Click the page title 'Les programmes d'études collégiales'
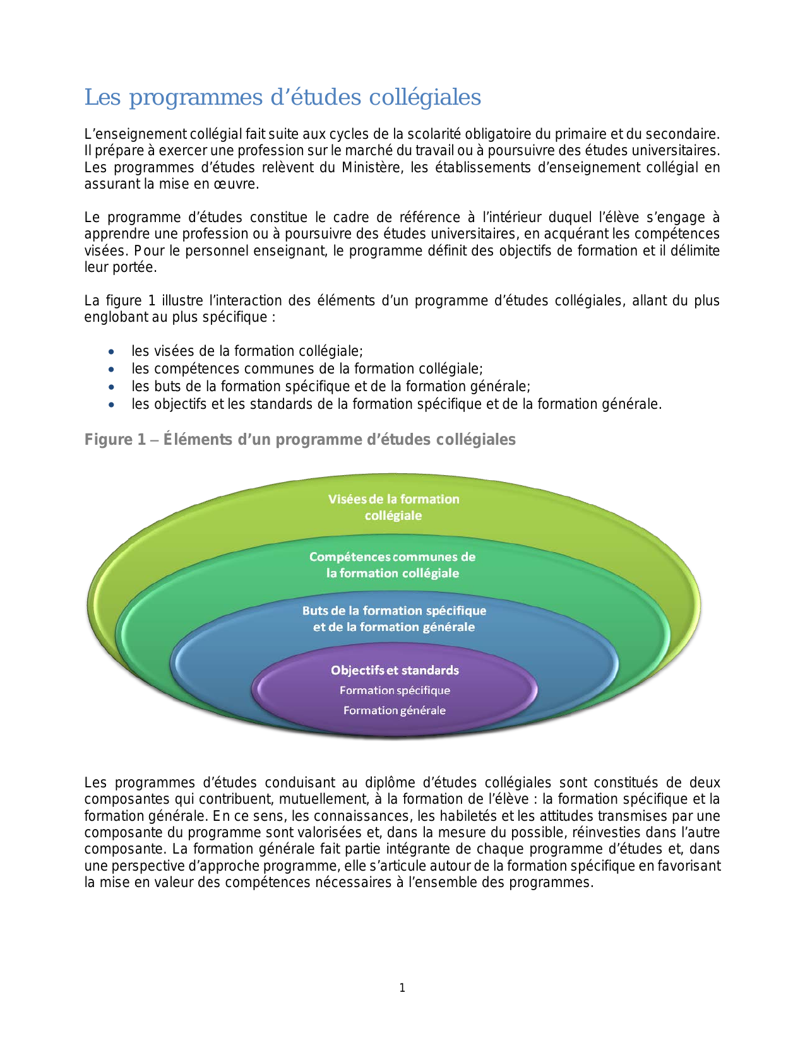[x=282, y=98]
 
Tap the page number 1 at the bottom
[x=402, y=988]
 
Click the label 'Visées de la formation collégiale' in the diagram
[x=393, y=507]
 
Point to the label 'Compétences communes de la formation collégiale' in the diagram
[x=392, y=565]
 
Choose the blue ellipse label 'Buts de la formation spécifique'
[x=394, y=611]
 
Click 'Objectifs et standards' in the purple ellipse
[x=395, y=670]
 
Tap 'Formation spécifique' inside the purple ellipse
[x=395, y=690]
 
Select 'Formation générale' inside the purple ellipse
[x=395, y=710]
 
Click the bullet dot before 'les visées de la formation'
[x=112, y=351]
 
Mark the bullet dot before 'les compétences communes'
[x=112, y=369]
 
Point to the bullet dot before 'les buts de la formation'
[x=112, y=387]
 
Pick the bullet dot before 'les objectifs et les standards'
[x=112, y=404]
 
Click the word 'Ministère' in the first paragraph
[x=372, y=168]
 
